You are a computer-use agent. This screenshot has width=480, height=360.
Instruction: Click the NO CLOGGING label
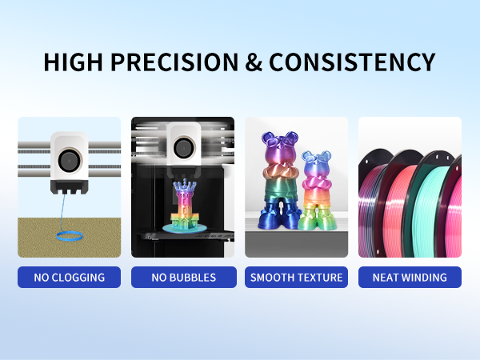coord(69,278)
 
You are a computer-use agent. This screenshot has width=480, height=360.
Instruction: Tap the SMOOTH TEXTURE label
coord(296,278)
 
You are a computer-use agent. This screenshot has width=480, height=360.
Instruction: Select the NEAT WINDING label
coord(410,278)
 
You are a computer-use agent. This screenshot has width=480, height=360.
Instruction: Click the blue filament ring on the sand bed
coord(69,234)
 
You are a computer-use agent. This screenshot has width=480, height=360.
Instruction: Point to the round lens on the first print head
coord(69,158)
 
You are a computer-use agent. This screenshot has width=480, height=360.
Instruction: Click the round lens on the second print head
coord(183,147)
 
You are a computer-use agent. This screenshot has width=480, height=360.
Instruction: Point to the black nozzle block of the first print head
coord(69,186)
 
